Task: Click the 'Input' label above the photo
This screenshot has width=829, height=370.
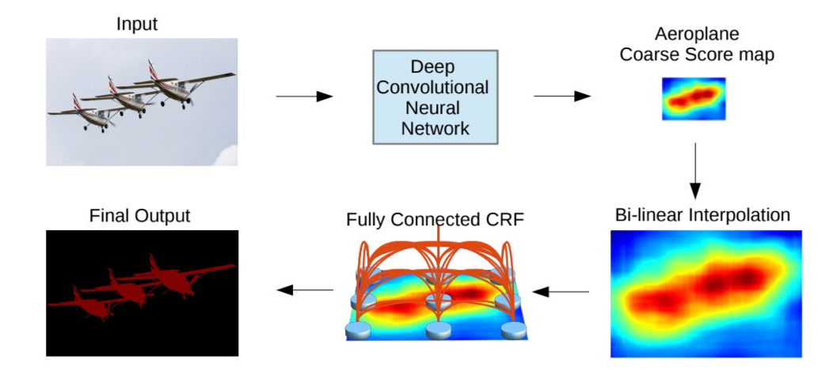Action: click(137, 24)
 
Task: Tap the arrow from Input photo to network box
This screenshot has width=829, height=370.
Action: click(303, 96)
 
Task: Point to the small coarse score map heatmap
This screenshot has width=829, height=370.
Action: click(693, 98)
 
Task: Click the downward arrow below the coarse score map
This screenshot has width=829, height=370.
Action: click(694, 171)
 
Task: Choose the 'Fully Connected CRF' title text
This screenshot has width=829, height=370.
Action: click(435, 219)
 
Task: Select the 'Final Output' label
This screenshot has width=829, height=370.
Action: click(141, 215)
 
